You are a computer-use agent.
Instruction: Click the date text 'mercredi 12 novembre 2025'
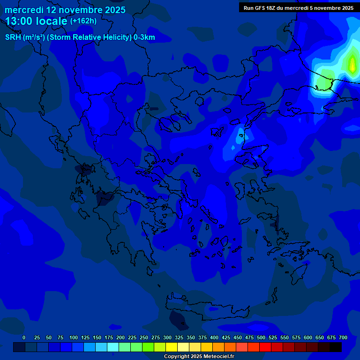65,10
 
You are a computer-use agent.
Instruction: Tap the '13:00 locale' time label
37,21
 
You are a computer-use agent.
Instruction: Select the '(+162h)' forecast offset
83,21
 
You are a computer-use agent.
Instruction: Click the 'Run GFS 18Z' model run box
298,8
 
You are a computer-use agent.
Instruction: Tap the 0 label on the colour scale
24,337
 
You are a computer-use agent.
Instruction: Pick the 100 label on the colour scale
74,337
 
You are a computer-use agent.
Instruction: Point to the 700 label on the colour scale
343,337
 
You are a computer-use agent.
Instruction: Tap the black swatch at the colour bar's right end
336,347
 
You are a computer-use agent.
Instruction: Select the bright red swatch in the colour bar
265,347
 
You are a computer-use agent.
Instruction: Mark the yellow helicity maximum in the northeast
352,64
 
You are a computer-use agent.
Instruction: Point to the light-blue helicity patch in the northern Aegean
239,135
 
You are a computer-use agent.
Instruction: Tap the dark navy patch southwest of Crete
177,319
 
